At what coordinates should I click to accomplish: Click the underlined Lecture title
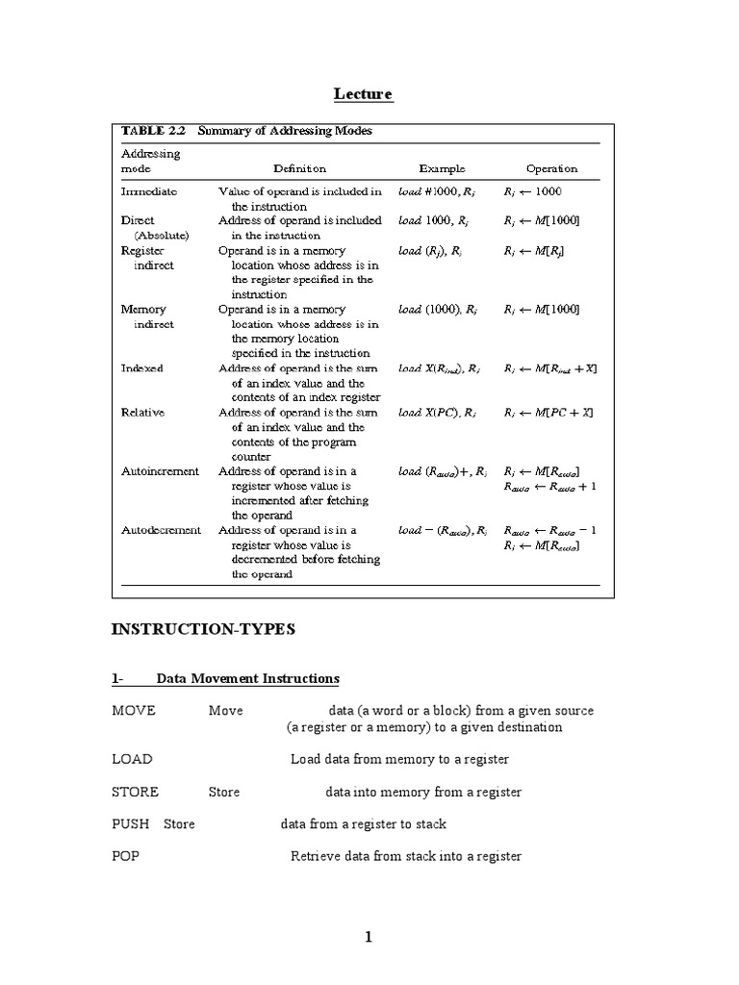pyautogui.click(x=364, y=93)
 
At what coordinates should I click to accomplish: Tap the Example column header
pyautogui.click(x=443, y=168)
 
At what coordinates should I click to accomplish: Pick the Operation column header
pyautogui.click(x=551, y=168)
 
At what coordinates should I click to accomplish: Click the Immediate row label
pyautogui.click(x=148, y=191)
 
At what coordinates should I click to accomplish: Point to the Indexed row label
pyautogui.click(x=141, y=368)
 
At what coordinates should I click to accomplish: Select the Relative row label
pyautogui.click(x=142, y=413)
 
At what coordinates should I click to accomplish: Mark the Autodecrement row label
pyautogui.click(x=161, y=530)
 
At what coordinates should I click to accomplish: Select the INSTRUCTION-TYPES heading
pyautogui.click(x=203, y=630)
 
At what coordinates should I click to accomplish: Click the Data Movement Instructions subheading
pyautogui.click(x=247, y=679)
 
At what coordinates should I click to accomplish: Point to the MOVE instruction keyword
pyautogui.click(x=134, y=711)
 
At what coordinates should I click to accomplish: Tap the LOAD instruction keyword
pyautogui.click(x=132, y=759)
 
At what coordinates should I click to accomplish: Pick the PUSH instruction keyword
pyautogui.click(x=130, y=824)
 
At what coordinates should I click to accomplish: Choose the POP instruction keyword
pyautogui.click(x=125, y=856)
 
